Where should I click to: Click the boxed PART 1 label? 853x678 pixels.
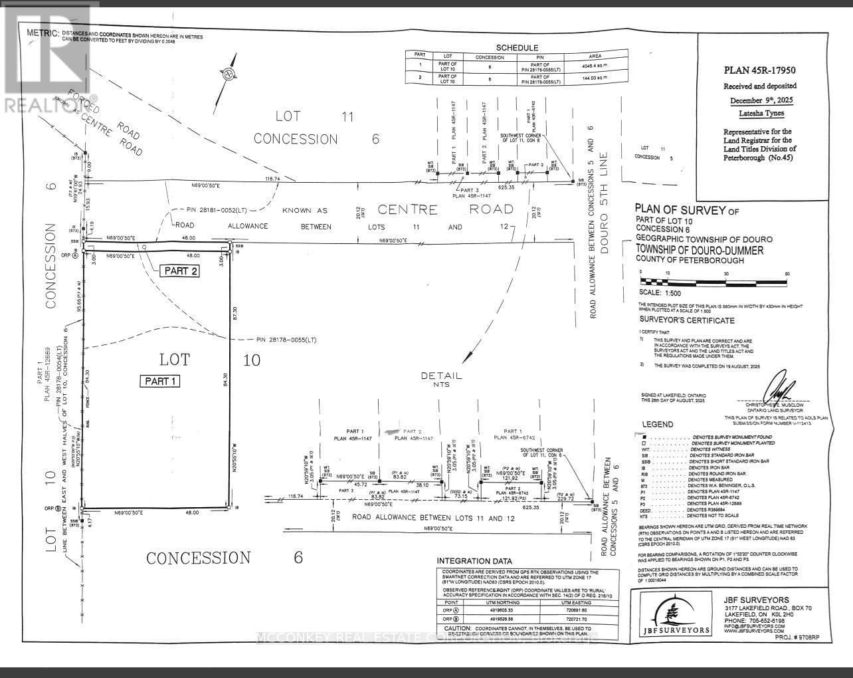159,381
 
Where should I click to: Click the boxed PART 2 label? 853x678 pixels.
179,271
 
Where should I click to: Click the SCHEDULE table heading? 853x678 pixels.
517,48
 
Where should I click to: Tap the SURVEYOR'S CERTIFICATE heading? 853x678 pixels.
686,320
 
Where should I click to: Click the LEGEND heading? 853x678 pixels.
657,424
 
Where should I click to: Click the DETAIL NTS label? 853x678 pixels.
441,380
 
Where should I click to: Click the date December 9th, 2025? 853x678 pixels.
759,100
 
